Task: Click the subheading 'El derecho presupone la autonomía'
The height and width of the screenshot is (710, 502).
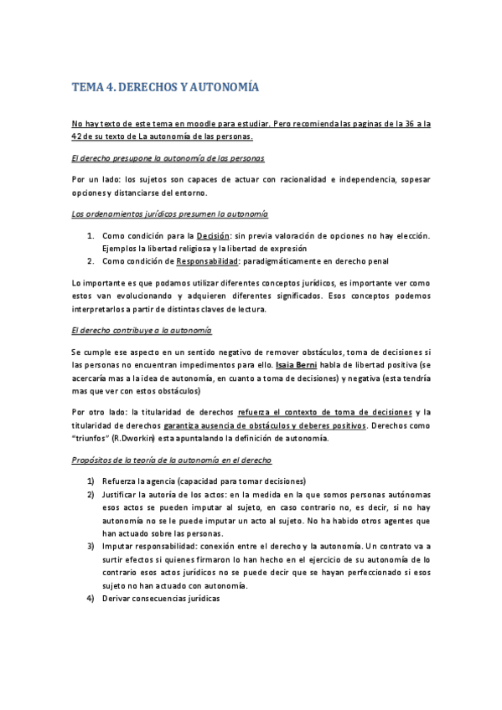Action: point(168,157)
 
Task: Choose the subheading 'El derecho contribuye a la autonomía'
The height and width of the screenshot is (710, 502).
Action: point(142,331)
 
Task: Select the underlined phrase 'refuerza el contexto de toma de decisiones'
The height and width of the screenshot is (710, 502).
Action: point(326,412)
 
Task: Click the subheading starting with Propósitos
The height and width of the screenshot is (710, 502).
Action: point(172,460)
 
